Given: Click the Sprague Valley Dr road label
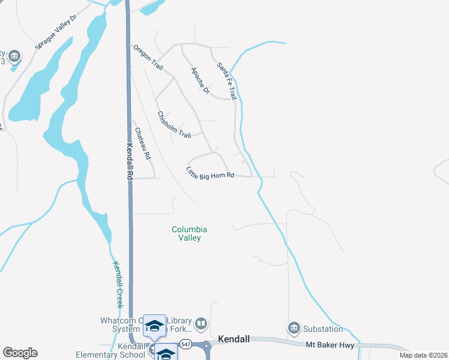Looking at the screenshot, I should point(56,32).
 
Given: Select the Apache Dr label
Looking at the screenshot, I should point(200,80).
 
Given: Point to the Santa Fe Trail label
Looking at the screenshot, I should point(226,80).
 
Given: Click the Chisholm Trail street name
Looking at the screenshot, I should point(173,125).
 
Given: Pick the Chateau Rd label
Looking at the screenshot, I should point(142,143).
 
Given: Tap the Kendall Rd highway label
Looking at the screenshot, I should point(129,162).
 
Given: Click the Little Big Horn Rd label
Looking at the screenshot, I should point(209,172).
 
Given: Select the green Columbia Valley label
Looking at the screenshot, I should point(190,233).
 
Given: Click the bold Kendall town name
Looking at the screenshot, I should point(234,339).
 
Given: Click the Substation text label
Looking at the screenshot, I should point(324,329).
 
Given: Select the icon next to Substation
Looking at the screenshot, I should point(294,328).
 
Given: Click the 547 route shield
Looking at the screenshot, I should point(186,344).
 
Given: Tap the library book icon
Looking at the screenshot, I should point(201,325).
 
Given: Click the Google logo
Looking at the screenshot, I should point(20,353).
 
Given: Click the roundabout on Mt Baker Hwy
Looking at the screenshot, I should point(206,346).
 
